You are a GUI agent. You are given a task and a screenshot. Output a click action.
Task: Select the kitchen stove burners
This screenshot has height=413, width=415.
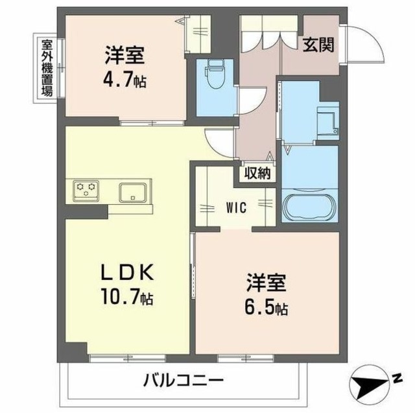[x=86, y=189]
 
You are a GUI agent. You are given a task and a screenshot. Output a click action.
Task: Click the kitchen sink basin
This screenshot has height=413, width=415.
[x=133, y=192]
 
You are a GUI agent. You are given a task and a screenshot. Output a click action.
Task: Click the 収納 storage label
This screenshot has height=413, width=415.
[x=257, y=173]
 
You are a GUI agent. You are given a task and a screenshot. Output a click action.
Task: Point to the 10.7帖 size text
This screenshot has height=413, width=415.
[x=126, y=299]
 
